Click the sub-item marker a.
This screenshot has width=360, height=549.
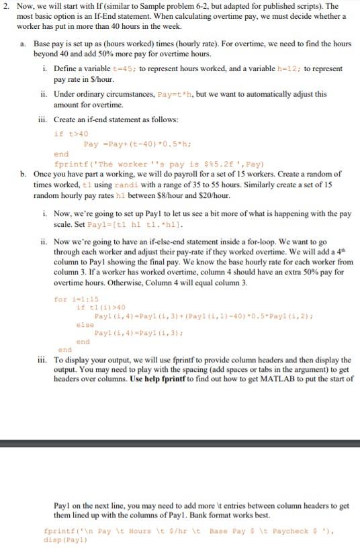pos(25,44)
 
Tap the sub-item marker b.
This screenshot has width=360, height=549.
pos(25,174)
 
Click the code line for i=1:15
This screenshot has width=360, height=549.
pos(75,299)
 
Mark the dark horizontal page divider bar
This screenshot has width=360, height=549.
pos(180,443)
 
